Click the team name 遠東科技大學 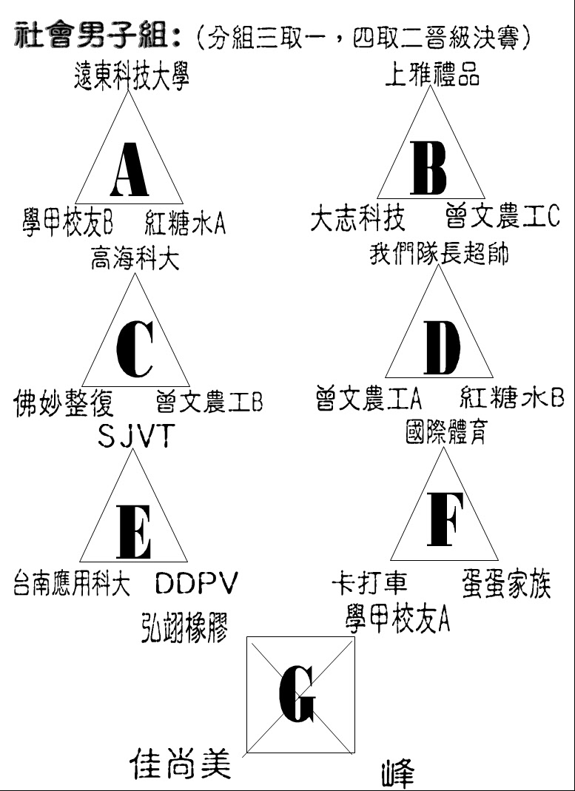131,77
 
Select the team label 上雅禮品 431,73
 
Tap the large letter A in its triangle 129,169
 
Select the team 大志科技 357,220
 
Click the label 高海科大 135,259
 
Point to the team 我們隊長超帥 438,254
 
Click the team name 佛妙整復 64,403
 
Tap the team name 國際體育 445,433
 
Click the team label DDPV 195,584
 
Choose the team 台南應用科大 72,583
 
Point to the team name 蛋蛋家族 506,584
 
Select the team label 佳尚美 181,763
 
